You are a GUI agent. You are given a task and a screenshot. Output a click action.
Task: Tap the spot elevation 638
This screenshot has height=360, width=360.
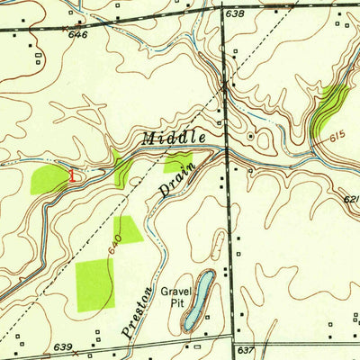[x=235, y=14]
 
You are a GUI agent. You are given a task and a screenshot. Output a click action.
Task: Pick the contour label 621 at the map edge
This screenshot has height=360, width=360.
[x=352, y=200]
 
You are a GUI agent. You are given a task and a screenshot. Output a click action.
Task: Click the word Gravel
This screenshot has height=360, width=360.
[x=177, y=292]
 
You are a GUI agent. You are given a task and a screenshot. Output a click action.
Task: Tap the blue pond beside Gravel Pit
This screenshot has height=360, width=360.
[x=203, y=292]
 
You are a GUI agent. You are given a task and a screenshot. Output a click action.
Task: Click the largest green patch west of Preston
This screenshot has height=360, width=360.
[x=95, y=284]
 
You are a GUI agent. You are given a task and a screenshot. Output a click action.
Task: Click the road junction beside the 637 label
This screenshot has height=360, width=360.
[x=233, y=340]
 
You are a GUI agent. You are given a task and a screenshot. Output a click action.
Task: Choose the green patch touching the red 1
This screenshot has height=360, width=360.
[x=49, y=178]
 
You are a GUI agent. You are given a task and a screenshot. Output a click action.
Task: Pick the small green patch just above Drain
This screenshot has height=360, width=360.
[x=176, y=163]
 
